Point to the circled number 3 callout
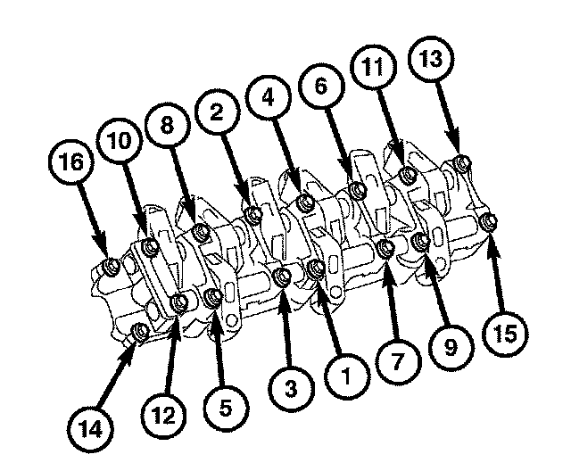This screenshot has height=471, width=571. click(x=290, y=389)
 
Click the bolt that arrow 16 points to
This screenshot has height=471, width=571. click(x=111, y=267)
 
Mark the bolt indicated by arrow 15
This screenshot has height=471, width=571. click(x=486, y=220)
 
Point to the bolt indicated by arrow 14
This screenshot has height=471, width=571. click(x=140, y=334)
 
